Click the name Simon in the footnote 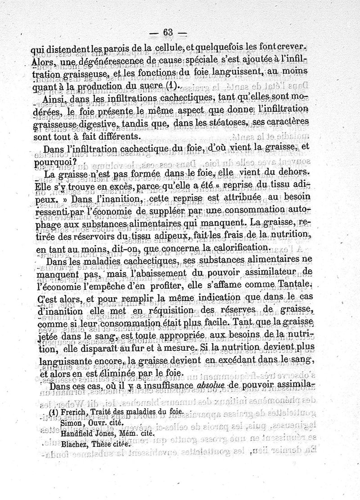click(x=70, y=424)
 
